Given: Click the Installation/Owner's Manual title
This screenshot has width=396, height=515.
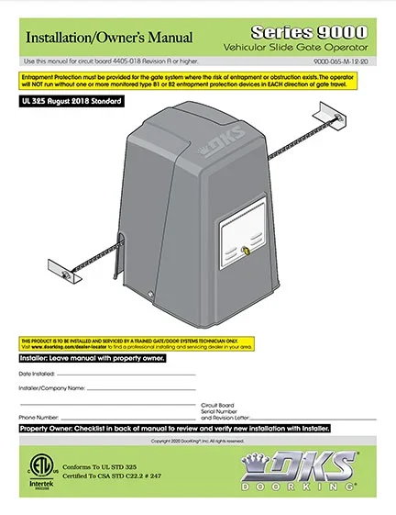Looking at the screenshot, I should pos(108,38).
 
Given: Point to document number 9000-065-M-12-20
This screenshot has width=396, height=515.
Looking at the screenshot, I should pos(351,61).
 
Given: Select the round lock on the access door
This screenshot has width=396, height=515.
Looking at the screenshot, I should pos(249,251).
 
